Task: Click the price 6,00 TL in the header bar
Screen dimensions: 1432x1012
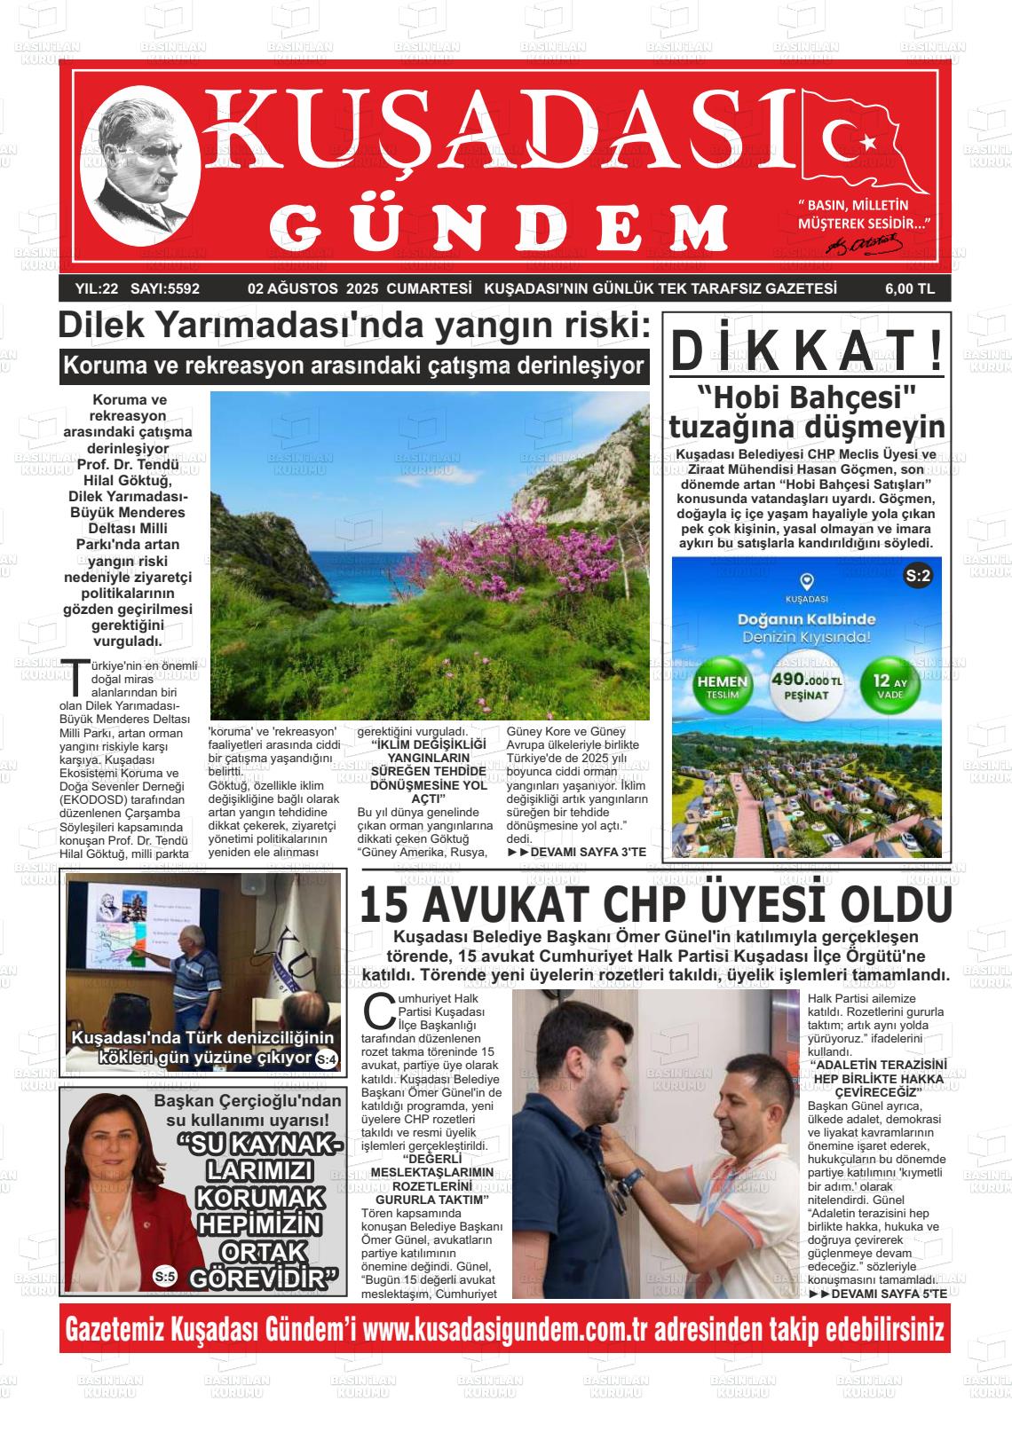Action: coord(909,288)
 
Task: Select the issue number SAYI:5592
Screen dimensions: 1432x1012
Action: coord(165,288)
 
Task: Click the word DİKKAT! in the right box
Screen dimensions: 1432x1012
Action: coord(806,350)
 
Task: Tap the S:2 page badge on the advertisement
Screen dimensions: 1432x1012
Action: coord(918,577)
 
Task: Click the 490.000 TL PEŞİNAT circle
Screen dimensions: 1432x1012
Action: coord(806,686)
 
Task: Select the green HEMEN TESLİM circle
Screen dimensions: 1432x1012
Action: coord(723,687)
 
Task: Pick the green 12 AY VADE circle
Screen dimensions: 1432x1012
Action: coord(889,687)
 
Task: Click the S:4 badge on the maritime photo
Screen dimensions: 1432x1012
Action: coord(326,1058)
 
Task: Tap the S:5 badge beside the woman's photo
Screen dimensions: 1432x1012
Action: coord(165,1277)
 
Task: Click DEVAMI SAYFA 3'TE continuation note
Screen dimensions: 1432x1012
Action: coord(577,852)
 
